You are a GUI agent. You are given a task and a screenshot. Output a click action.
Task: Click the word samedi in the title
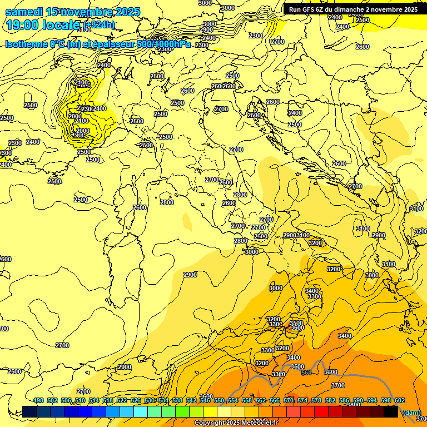24,12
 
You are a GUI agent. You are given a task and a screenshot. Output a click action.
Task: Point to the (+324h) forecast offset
100,25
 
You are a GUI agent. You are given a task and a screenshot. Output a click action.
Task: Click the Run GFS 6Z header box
352,9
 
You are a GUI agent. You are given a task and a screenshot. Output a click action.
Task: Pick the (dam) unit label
411,412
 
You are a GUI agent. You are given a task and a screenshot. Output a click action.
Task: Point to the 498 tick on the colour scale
38,400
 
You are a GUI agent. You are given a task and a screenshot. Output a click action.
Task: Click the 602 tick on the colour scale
400,400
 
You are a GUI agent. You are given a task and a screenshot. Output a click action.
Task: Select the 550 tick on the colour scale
219,400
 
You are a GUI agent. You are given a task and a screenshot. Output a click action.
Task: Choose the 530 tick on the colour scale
150,400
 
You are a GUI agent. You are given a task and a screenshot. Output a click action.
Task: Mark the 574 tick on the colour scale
302,400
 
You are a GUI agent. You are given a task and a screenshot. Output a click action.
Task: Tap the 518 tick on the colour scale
108,400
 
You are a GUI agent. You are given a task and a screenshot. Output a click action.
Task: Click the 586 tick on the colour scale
344,400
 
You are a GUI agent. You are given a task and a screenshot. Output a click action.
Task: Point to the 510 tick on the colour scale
80,400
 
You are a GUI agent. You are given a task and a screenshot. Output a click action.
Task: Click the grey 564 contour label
306,373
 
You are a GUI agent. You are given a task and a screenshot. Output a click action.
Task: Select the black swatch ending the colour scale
391,411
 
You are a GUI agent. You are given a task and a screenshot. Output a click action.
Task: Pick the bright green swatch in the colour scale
182,411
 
